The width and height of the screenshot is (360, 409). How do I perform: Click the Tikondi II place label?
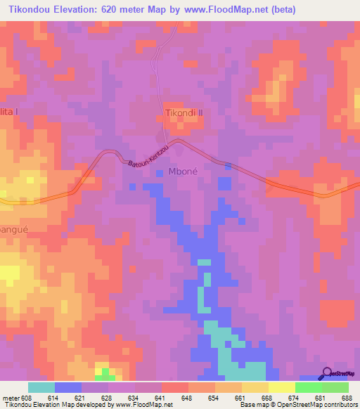[x=184, y=112]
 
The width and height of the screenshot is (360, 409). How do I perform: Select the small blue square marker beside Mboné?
[x=160, y=172]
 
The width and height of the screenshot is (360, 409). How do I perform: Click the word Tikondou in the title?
[x=31, y=10]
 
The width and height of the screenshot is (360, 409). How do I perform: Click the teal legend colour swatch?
[x=41, y=387]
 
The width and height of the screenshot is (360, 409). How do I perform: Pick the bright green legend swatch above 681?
[x=309, y=387]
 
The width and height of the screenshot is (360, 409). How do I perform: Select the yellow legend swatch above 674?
[x=282, y=387]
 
